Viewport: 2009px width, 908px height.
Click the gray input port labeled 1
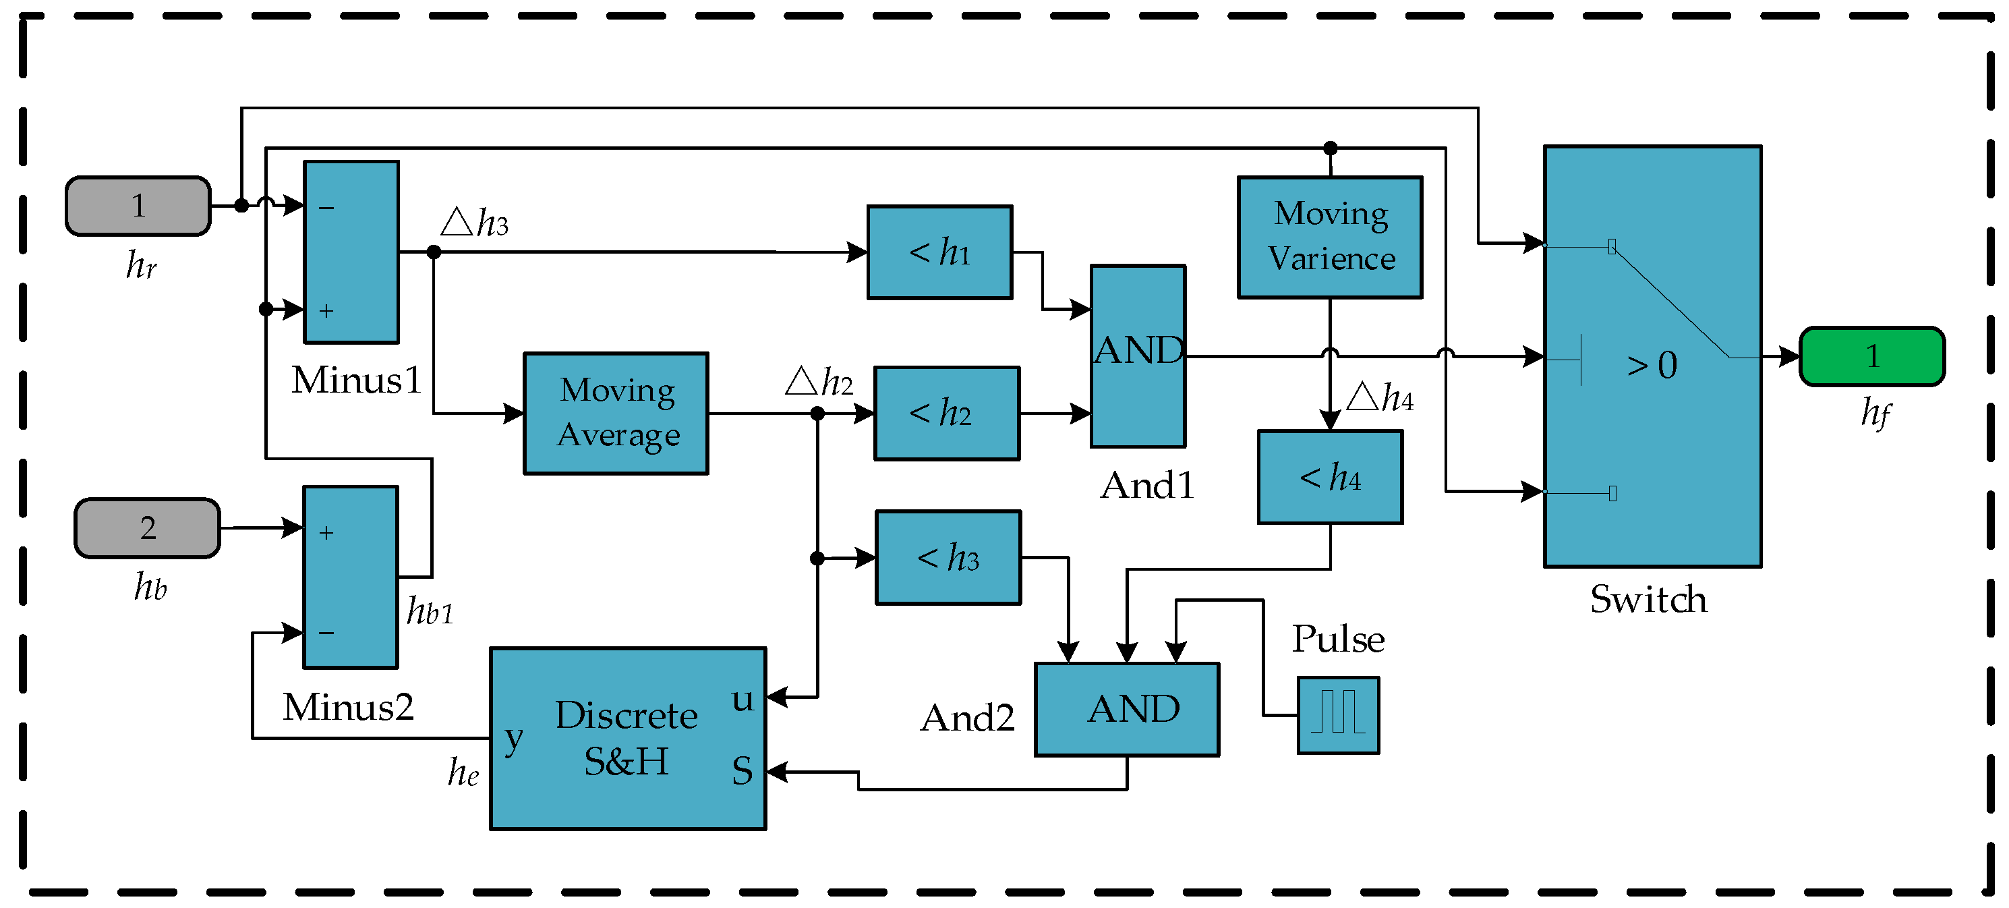tap(138, 206)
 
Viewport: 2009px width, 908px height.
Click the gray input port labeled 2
tap(148, 528)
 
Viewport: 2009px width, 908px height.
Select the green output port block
tap(1871, 356)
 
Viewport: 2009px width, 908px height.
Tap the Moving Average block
tap(616, 413)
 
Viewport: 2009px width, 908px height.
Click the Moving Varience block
tap(1330, 237)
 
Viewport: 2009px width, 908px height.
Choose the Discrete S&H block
tap(628, 738)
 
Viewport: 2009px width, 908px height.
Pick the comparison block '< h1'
tap(940, 252)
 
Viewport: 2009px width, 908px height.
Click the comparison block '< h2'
tap(947, 414)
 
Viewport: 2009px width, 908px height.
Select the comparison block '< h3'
tap(948, 558)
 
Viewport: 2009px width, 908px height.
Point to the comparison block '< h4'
tap(1331, 477)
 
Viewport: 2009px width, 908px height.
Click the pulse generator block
tap(1338, 714)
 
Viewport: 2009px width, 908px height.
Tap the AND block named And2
tap(1127, 709)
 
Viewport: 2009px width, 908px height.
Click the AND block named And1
tap(1138, 356)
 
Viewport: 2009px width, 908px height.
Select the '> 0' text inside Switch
tap(1652, 365)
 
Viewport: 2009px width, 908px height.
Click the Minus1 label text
tap(356, 380)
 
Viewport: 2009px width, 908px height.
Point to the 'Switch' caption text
tap(1649, 599)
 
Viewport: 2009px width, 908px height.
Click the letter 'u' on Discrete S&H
tap(743, 699)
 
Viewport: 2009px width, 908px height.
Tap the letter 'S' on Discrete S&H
tap(743, 770)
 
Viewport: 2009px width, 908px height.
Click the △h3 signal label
tap(475, 223)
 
